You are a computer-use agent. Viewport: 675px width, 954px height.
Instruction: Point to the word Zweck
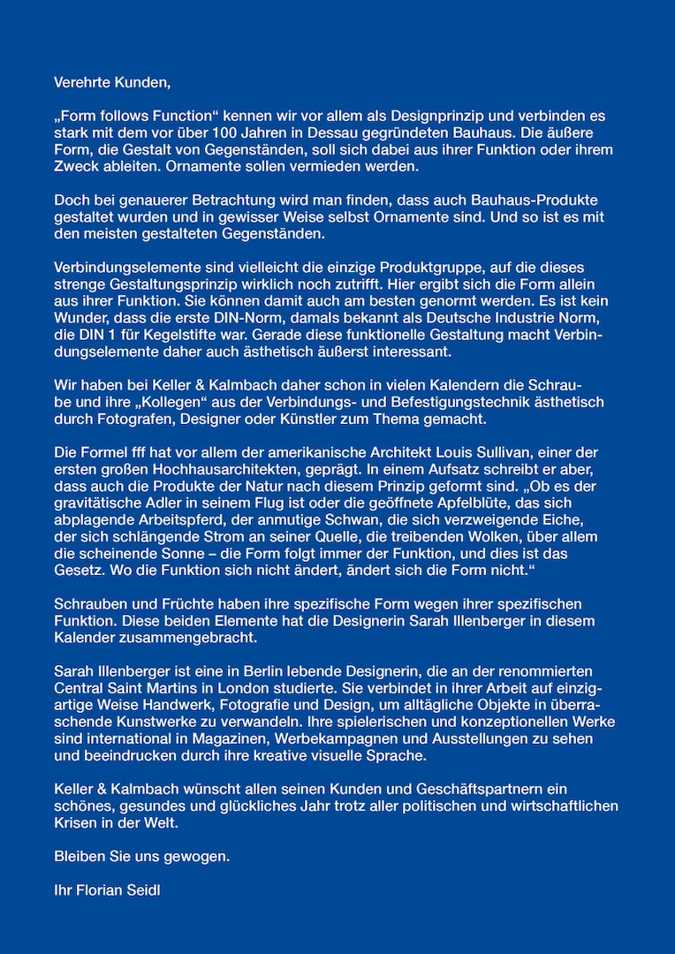click(75, 167)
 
